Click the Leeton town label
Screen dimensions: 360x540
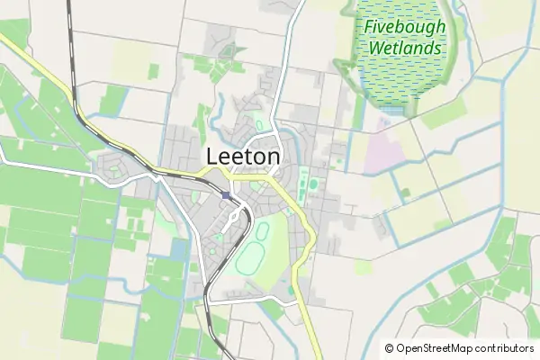[243, 156]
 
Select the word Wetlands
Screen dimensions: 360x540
[404, 47]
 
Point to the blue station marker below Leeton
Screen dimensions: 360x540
[226, 195]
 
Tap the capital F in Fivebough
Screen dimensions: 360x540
[368, 26]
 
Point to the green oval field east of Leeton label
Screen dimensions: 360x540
[313, 184]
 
